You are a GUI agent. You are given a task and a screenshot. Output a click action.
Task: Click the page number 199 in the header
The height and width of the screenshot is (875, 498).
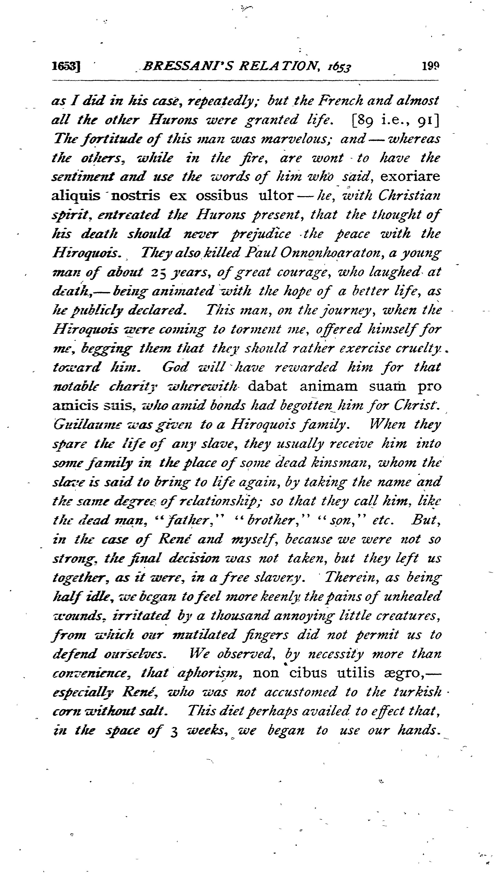pos(430,65)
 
